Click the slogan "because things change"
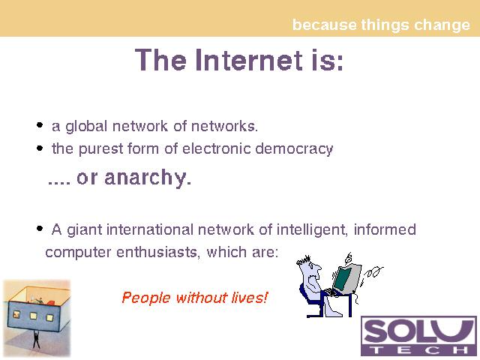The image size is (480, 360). pyautogui.click(x=381, y=25)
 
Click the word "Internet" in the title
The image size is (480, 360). pyautogui.click(x=249, y=60)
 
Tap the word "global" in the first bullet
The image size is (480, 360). pyautogui.click(x=86, y=127)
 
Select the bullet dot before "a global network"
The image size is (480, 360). pyautogui.click(x=40, y=125)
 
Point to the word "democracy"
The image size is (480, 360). pyautogui.click(x=294, y=149)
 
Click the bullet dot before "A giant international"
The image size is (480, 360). pyautogui.click(x=40, y=228)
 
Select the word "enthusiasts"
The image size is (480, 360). pyautogui.click(x=158, y=252)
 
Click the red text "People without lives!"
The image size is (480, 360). pyautogui.click(x=195, y=298)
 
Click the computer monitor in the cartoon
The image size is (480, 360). pyautogui.click(x=346, y=278)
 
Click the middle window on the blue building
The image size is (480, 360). pyautogui.click(x=33, y=315)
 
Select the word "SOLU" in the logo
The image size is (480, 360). pyautogui.click(x=418, y=331)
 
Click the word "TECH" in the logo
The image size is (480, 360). pyautogui.click(x=418, y=350)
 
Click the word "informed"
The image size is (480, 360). pyautogui.click(x=385, y=229)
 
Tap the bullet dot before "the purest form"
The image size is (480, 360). pyautogui.click(x=40, y=148)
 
